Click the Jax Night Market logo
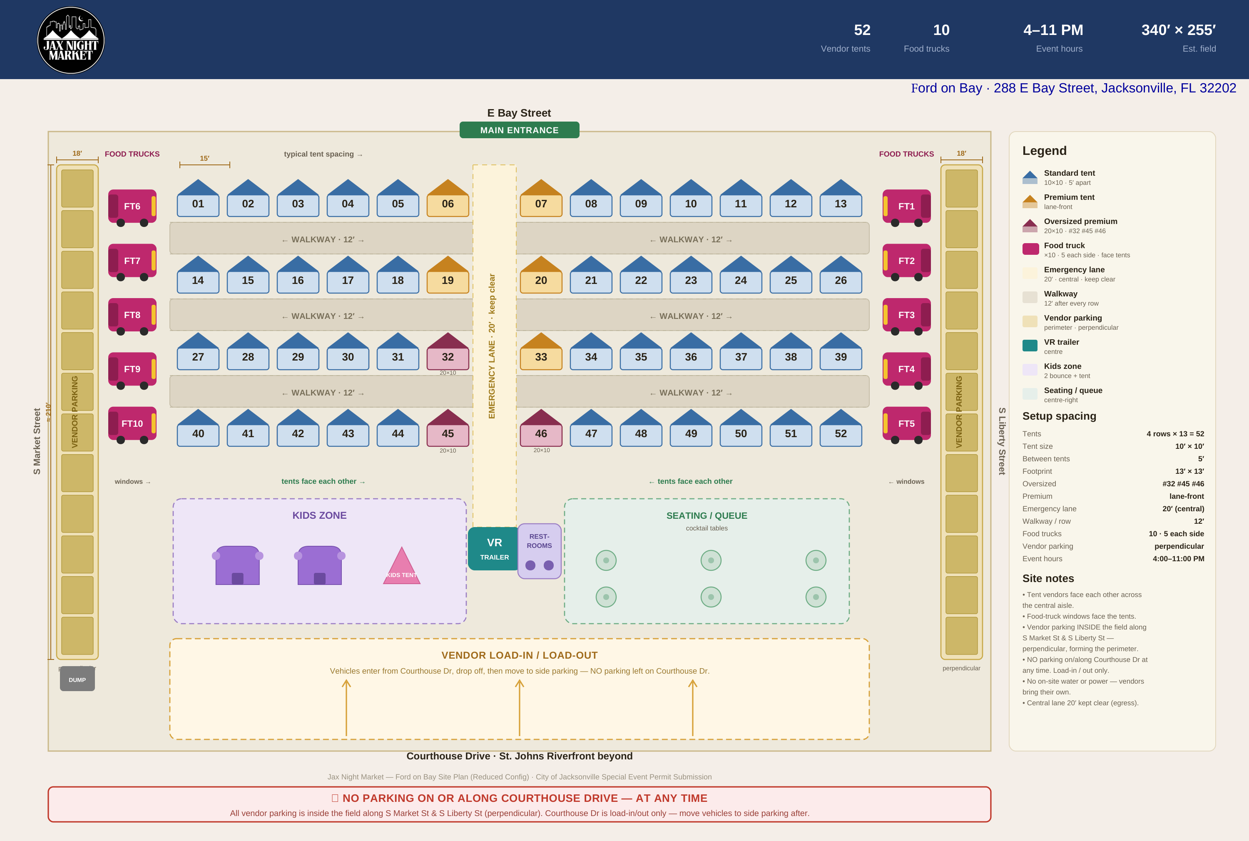click(x=71, y=40)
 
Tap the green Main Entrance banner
click(x=519, y=130)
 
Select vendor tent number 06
click(x=448, y=198)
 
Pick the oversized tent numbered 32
click(x=448, y=351)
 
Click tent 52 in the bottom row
click(x=841, y=428)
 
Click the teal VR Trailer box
click(x=493, y=548)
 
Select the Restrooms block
click(x=540, y=551)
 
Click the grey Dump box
click(x=77, y=679)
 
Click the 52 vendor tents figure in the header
click(x=862, y=30)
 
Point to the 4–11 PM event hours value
click(x=1053, y=30)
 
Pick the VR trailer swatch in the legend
click(x=1030, y=346)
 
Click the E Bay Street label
click(x=519, y=113)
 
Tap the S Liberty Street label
click(x=1001, y=441)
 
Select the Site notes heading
click(x=1048, y=578)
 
